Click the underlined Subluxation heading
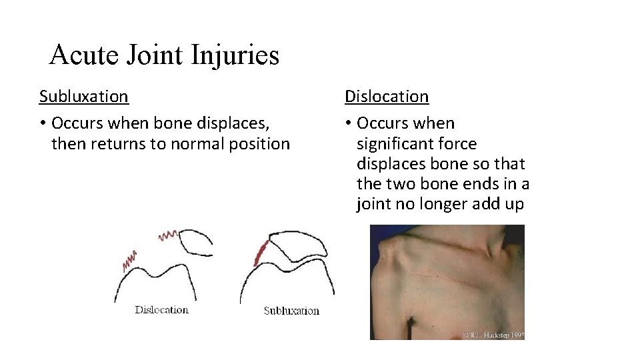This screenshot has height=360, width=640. tap(83, 97)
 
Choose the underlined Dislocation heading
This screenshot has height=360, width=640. tap(386, 97)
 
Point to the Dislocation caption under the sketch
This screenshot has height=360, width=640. tap(161, 309)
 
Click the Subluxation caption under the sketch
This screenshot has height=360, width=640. tap(291, 311)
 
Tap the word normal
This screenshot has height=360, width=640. tap(195, 144)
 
